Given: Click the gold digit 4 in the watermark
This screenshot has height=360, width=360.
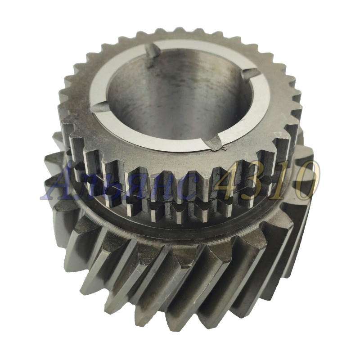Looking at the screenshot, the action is click(x=229, y=181).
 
